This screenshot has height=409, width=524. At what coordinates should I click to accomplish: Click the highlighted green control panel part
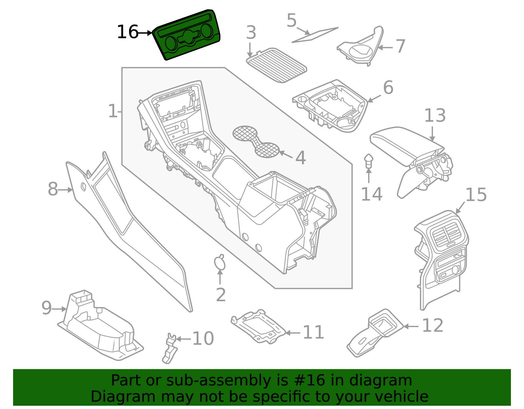(x=187, y=35)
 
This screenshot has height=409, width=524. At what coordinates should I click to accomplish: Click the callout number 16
(x=127, y=32)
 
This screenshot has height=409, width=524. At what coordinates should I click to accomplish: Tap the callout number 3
(x=251, y=33)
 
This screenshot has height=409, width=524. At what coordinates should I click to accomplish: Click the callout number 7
(x=400, y=46)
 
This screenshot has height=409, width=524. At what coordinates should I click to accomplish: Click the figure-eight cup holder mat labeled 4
(x=256, y=141)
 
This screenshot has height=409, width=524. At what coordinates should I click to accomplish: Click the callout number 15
(x=476, y=195)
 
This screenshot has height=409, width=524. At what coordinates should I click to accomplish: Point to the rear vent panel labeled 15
(x=442, y=255)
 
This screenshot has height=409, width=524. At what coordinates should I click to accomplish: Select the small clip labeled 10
(x=170, y=349)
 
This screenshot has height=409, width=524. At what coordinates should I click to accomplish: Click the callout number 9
(x=47, y=308)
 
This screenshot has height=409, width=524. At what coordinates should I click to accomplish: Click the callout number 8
(x=53, y=190)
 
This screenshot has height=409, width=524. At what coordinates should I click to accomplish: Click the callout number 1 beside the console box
(x=112, y=112)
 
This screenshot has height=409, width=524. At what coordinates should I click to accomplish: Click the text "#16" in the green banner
(x=309, y=381)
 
